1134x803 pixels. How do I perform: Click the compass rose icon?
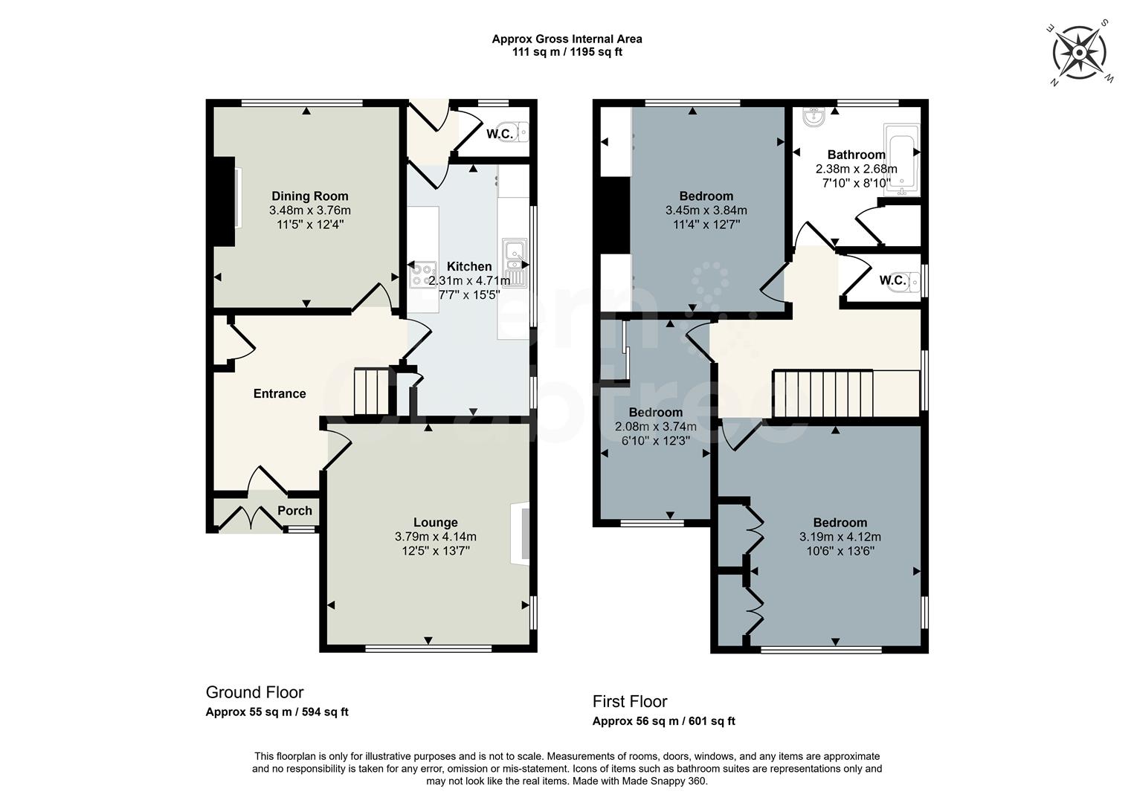coord(1079,53)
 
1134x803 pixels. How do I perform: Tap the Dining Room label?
coord(310,196)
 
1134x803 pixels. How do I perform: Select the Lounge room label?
coord(435,522)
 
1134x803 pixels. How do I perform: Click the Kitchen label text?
coord(468,266)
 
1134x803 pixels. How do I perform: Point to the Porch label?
coord(294,510)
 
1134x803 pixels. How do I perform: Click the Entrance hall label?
coord(280,393)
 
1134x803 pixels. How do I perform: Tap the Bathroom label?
coord(856,155)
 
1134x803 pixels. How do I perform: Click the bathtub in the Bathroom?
coord(902,159)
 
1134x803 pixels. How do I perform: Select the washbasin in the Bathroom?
coord(814,117)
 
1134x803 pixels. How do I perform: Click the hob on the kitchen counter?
coord(422,274)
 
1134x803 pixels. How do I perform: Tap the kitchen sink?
coord(515,262)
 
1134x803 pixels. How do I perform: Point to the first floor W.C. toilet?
coord(911,280)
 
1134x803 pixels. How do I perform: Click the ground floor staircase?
coord(371,392)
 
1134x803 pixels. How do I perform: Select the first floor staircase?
coord(846,394)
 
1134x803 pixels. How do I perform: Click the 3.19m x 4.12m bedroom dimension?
coord(840,537)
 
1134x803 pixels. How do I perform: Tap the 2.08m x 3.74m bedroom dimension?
coord(656,427)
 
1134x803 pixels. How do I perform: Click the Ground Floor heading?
coord(254,692)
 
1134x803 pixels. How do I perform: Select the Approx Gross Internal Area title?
coord(567,39)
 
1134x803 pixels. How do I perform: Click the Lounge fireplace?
coord(521,534)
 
